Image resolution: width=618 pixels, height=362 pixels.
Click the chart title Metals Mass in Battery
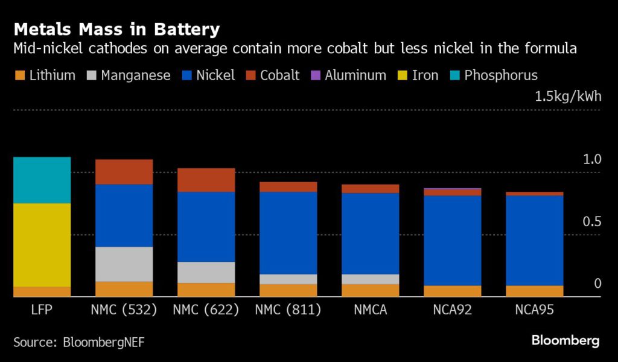point(116,29)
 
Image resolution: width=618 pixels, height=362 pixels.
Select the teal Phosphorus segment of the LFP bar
point(42,180)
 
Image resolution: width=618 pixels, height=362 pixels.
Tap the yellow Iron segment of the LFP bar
point(42,244)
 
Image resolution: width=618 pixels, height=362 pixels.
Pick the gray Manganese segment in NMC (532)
point(124,264)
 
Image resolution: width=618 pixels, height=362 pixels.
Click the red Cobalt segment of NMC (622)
point(206,180)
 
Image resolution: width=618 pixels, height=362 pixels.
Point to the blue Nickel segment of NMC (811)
point(288,232)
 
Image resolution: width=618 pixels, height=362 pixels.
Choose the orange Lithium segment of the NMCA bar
point(370,290)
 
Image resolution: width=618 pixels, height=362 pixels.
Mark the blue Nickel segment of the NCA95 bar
point(534,240)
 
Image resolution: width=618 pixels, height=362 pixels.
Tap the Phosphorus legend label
point(500,75)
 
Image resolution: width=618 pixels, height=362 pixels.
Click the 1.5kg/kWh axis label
point(568,97)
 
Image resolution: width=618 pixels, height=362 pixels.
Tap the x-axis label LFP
point(42,310)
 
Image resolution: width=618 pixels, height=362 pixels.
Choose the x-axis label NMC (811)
point(288,310)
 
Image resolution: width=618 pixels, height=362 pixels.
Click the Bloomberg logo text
point(565,341)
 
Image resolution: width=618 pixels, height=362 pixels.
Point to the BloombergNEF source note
point(78,342)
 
